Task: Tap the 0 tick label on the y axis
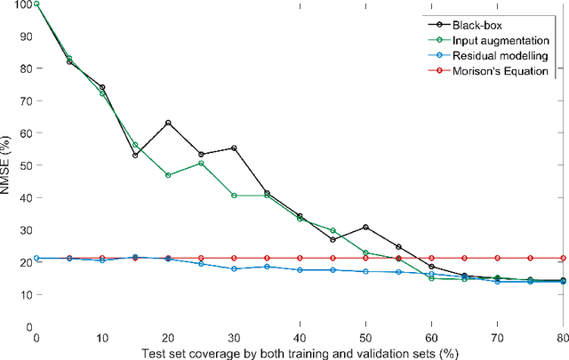28,327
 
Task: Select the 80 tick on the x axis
563,339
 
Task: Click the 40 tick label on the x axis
300,339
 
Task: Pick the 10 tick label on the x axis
102,339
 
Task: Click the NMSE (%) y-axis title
7,165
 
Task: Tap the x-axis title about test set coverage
300,352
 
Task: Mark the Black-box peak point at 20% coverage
168,123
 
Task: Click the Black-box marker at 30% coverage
234,148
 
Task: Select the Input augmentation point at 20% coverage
168,175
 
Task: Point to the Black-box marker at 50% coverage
365,228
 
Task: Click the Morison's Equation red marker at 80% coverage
563,258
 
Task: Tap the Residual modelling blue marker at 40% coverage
300,269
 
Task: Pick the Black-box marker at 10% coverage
102,87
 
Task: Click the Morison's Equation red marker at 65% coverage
464,258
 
